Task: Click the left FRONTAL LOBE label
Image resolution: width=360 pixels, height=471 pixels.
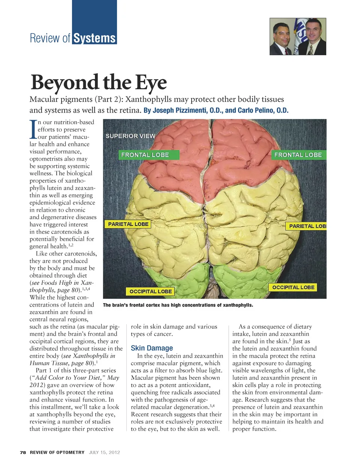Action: click(x=145, y=155)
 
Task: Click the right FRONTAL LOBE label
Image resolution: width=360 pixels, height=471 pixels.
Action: click(x=298, y=155)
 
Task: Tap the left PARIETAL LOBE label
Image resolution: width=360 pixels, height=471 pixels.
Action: click(x=128, y=224)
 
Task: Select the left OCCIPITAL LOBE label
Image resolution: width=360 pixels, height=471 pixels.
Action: click(x=150, y=291)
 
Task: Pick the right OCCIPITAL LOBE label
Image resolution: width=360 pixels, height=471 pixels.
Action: click(x=293, y=287)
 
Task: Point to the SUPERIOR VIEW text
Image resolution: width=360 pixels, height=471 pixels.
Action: click(x=130, y=136)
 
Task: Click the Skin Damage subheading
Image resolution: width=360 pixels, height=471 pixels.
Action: click(x=152, y=348)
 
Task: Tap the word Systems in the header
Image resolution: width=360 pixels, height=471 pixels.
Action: click(x=94, y=38)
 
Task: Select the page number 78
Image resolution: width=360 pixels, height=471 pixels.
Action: click(x=23, y=452)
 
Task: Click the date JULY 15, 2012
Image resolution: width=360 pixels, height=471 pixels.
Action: click(x=104, y=452)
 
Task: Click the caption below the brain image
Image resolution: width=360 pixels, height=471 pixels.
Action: click(x=178, y=305)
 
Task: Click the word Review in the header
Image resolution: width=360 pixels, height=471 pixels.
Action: click(x=45, y=38)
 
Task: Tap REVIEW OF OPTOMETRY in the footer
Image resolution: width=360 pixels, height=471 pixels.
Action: click(x=57, y=452)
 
